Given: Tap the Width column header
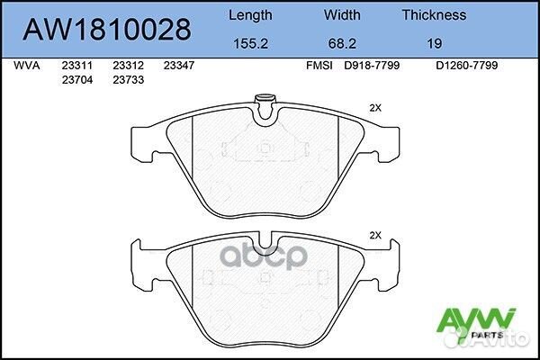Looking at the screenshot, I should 342,15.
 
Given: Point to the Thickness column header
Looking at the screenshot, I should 433,15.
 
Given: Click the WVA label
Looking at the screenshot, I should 26,66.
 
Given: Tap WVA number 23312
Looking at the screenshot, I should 127,66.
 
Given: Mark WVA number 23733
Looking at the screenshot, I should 127,79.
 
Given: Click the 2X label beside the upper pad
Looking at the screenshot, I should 375,107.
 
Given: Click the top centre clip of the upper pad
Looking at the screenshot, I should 265,107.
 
